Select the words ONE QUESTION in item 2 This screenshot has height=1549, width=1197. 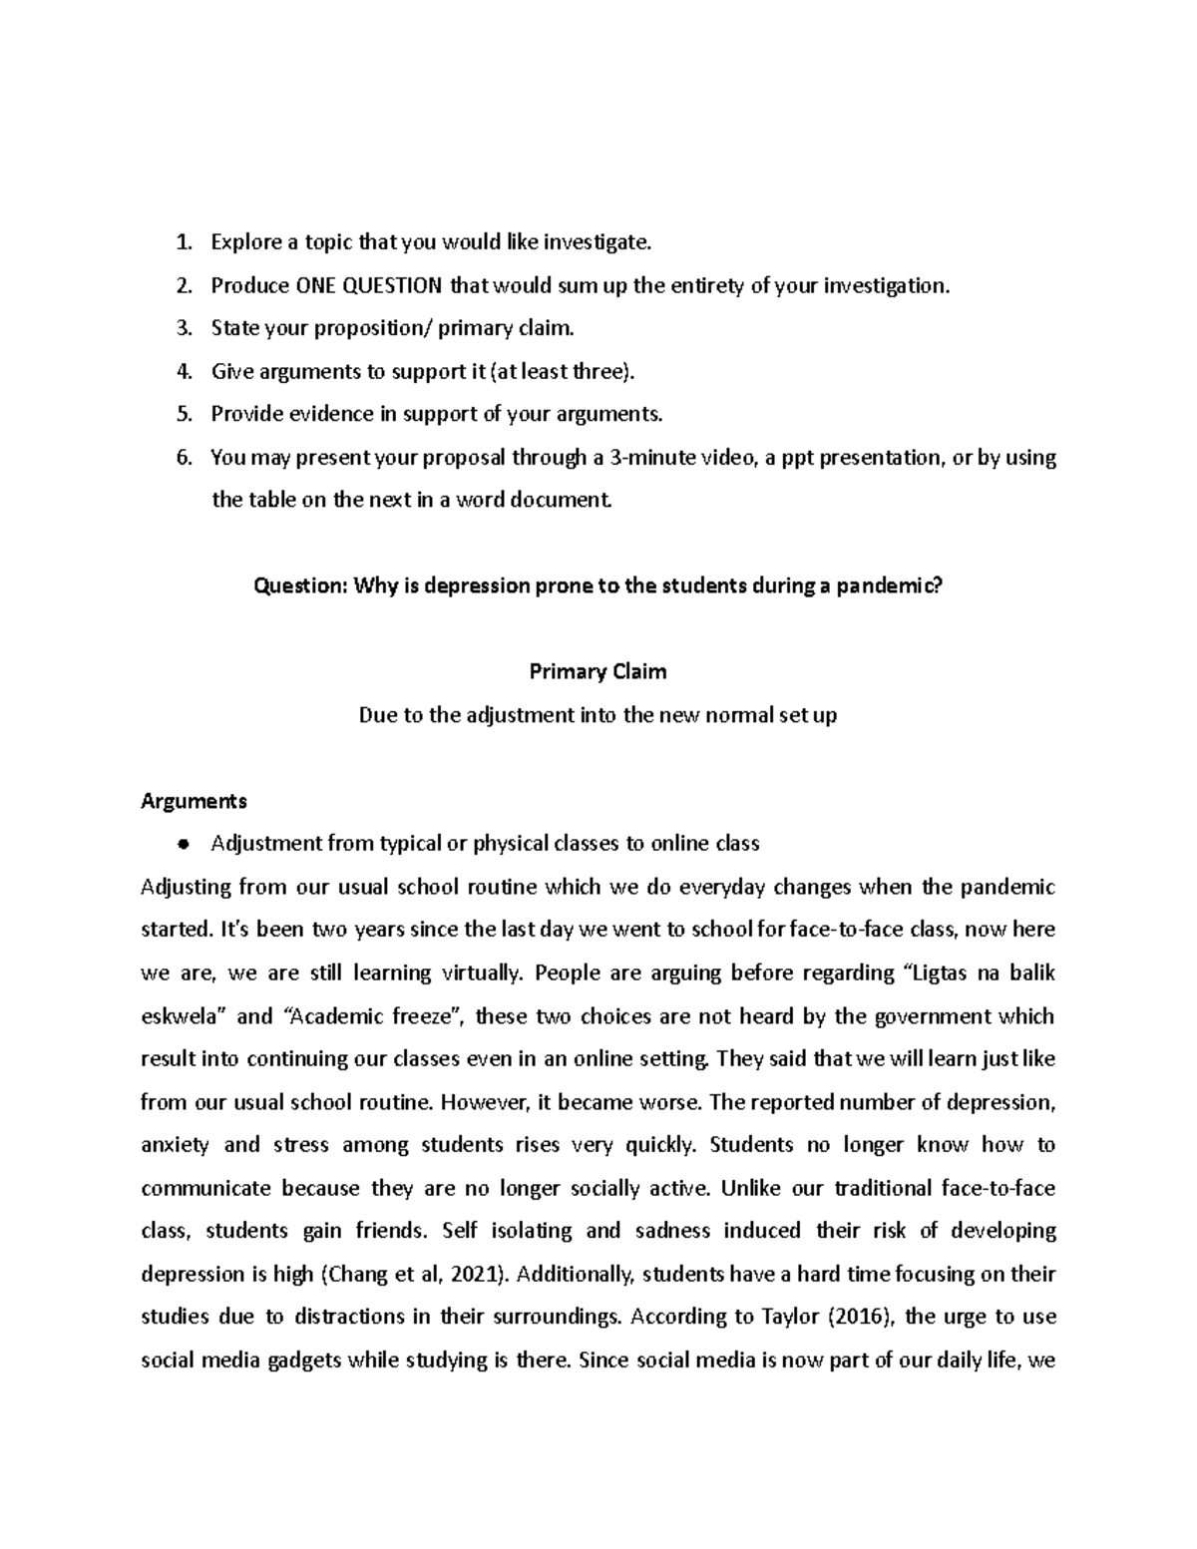369,286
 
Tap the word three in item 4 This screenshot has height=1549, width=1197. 599,372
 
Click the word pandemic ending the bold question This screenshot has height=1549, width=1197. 888,586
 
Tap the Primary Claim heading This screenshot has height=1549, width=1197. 598,672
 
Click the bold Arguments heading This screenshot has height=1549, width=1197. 195,801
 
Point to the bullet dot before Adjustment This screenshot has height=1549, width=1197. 182,845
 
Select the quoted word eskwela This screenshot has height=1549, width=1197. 185,1016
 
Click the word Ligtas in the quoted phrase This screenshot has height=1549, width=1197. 941,973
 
